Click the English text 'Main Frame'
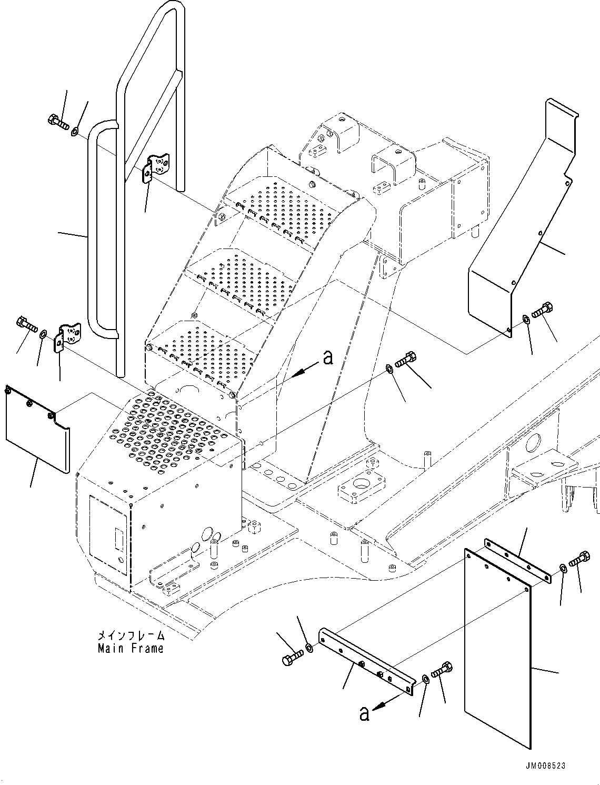[131, 649]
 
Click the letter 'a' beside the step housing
[327, 357]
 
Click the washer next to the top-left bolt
[75, 131]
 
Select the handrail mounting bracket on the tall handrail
[156, 167]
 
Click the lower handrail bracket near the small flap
[68, 337]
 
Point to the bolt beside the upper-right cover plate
[542, 310]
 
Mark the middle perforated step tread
[239, 279]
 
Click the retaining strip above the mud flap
[518, 561]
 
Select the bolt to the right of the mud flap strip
[578, 559]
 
